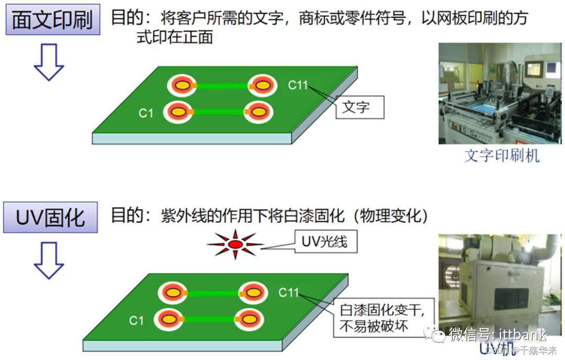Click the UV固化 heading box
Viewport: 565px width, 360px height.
pos(50,217)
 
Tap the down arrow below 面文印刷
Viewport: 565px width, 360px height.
pos(49,62)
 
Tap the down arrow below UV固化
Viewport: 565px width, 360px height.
pos(49,260)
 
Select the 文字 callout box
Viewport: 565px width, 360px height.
pos(359,107)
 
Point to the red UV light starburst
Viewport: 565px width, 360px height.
pos(235,243)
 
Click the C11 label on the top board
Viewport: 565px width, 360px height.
pos(298,85)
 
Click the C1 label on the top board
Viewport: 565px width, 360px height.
pos(146,113)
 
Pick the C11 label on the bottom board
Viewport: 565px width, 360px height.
pos(288,292)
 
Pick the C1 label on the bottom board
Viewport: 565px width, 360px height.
pos(136,320)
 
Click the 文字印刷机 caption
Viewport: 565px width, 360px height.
pos(501,155)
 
